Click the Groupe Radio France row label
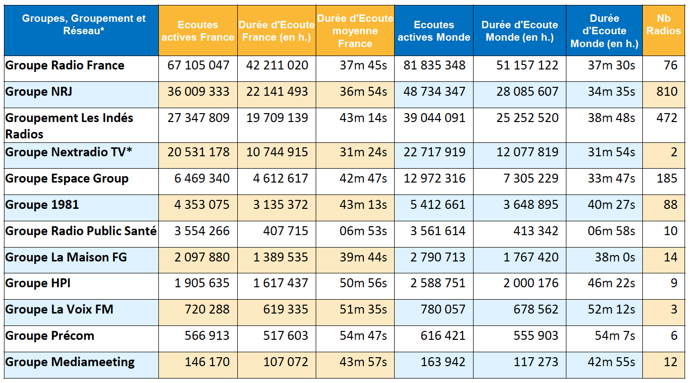(x=65, y=65)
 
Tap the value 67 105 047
(x=199, y=65)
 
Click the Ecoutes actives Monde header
(x=434, y=31)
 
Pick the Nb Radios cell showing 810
(x=666, y=92)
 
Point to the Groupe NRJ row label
(x=39, y=92)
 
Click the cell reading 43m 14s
(x=363, y=118)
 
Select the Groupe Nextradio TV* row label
(x=69, y=152)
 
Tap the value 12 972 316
(x=434, y=179)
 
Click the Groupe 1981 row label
(x=42, y=205)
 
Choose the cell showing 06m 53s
(x=363, y=231)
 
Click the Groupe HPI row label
(x=38, y=283)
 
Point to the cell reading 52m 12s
(x=612, y=310)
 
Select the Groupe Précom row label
(x=50, y=336)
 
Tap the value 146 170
(x=207, y=362)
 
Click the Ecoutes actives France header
(x=198, y=31)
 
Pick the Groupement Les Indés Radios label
(x=69, y=126)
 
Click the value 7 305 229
(x=531, y=179)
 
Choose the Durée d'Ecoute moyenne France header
(x=355, y=31)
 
